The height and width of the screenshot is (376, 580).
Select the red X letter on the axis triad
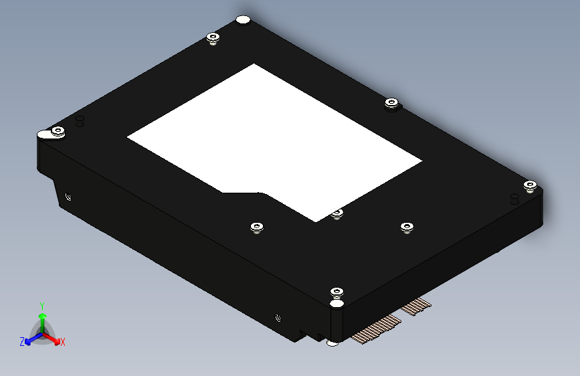pyautogui.click(x=63, y=343)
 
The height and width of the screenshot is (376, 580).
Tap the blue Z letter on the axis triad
pyautogui.click(x=22, y=342)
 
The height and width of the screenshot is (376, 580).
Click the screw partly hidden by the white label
pyautogui.click(x=337, y=213)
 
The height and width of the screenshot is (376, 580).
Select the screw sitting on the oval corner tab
pyautogui.click(x=58, y=131)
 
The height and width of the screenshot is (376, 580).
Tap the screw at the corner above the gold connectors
pyautogui.click(x=336, y=292)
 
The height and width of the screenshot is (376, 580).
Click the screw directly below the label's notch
pyautogui.click(x=257, y=228)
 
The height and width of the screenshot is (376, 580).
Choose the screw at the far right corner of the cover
pyautogui.click(x=529, y=185)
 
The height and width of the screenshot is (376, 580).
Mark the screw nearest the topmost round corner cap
pyautogui.click(x=213, y=37)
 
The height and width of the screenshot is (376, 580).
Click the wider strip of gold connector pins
pyautogui.click(x=375, y=330)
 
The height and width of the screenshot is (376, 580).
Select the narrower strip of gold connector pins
pyautogui.click(x=416, y=307)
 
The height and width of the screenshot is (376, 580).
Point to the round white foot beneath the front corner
pyautogui.click(x=332, y=343)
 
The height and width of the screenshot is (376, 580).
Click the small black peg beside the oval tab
pyautogui.click(x=80, y=120)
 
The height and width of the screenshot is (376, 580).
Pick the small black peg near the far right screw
pyautogui.click(x=514, y=198)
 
